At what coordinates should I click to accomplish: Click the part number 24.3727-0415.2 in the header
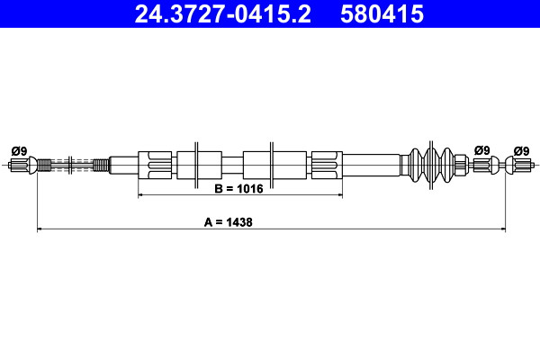(x=223, y=14)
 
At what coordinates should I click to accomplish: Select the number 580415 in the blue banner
(x=382, y=14)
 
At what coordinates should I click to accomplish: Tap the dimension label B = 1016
(x=238, y=189)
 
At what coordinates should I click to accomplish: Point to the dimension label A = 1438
(x=229, y=222)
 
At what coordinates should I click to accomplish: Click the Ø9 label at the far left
(x=19, y=151)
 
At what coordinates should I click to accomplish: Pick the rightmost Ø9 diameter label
(x=521, y=151)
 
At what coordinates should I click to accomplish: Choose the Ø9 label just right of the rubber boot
(x=481, y=150)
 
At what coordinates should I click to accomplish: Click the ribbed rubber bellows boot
(x=431, y=165)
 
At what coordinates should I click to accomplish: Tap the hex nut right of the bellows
(x=462, y=165)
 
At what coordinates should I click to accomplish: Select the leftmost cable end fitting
(x=22, y=165)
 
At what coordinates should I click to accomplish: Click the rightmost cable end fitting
(x=519, y=165)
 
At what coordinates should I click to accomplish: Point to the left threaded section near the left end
(x=44, y=165)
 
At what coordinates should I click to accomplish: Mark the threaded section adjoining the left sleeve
(x=101, y=165)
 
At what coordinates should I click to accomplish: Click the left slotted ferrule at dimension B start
(x=155, y=165)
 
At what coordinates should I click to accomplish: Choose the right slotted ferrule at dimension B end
(x=327, y=165)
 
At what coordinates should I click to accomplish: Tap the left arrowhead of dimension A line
(x=40, y=229)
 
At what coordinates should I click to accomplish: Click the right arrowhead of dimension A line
(x=503, y=229)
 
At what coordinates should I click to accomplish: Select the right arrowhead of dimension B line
(x=340, y=195)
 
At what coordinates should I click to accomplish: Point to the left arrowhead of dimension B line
(x=141, y=195)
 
